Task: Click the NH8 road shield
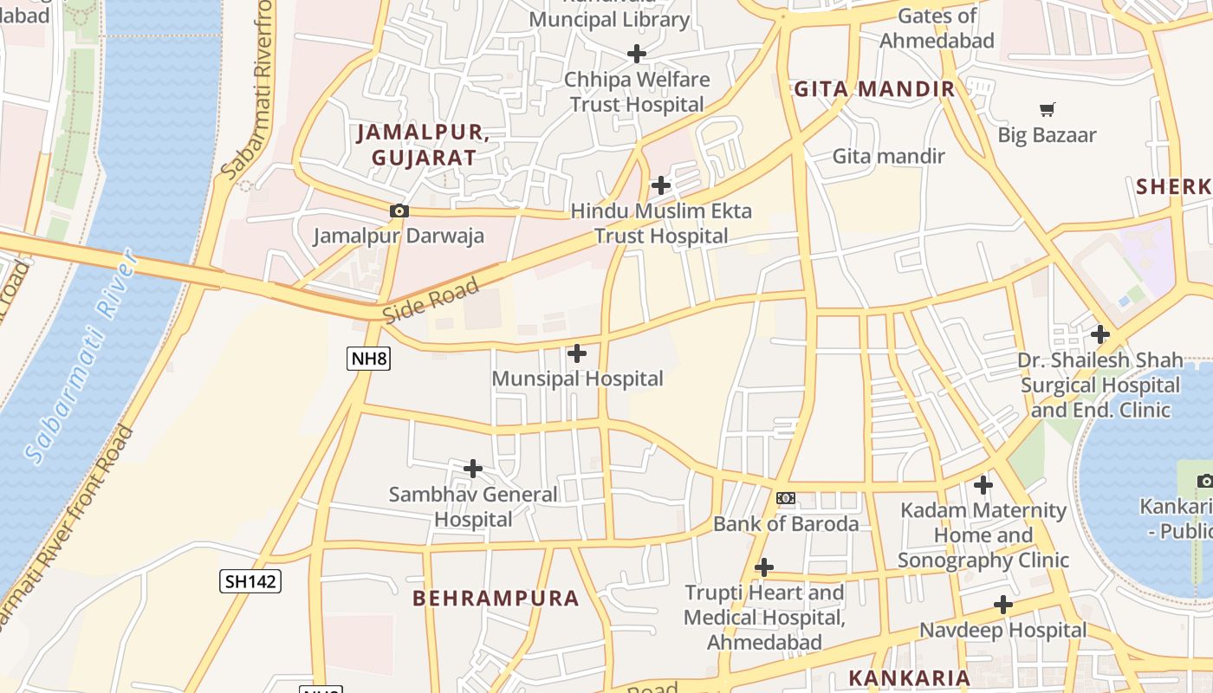[x=368, y=359]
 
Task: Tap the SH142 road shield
[x=250, y=581]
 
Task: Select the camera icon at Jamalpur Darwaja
[x=399, y=210]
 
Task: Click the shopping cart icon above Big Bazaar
[x=1047, y=109]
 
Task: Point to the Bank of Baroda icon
[x=785, y=498]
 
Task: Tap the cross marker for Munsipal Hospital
[x=576, y=353]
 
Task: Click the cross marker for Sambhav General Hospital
[x=473, y=469]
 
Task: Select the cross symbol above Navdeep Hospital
[x=1003, y=605]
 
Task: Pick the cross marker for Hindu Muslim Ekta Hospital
[x=660, y=185]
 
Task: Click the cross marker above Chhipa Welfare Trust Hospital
[x=637, y=54]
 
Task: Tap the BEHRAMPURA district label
[x=496, y=599]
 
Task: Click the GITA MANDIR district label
[x=874, y=88]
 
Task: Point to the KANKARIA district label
[x=909, y=677]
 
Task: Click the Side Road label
[x=431, y=301]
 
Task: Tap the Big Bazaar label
[x=1047, y=135]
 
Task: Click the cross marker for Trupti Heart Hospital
[x=763, y=567]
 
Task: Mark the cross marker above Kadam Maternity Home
[x=983, y=485]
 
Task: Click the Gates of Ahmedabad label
[x=937, y=28]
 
